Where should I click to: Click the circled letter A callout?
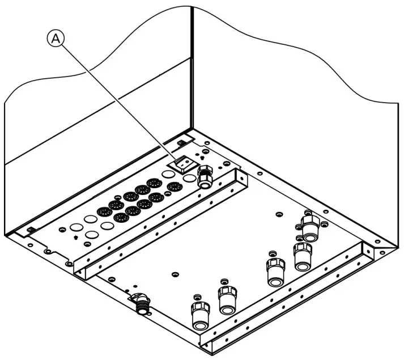[x=55, y=38]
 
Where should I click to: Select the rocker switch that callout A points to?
[x=182, y=163]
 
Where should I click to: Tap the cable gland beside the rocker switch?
[x=205, y=179]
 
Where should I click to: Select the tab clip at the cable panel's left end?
[x=32, y=230]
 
